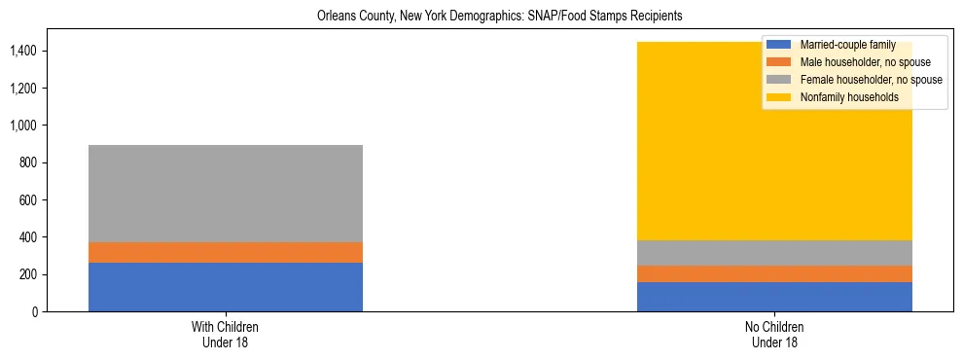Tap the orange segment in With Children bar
[x=226, y=252]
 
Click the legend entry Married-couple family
[x=847, y=45]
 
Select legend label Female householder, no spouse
[x=870, y=80]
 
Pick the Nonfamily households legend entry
[x=849, y=97]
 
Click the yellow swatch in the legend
[x=779, y=97]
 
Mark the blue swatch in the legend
[x=779, y=45]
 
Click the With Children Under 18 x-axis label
[x=226, y=334]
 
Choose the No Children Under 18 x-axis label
[x=774, y=334]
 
